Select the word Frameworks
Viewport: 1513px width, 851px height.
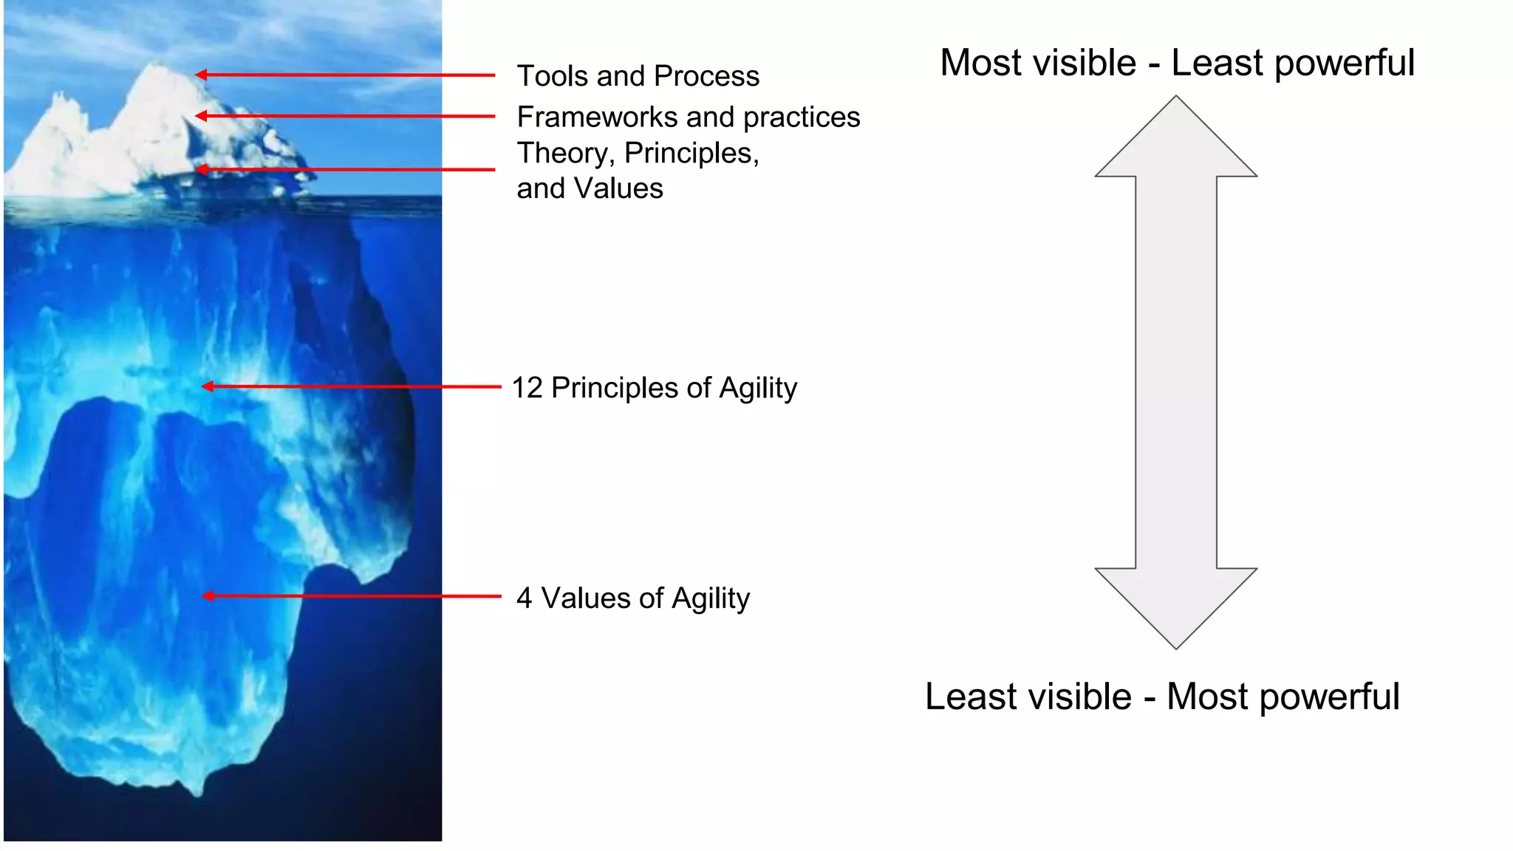[598, 117]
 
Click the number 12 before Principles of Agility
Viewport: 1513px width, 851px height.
[527, 388]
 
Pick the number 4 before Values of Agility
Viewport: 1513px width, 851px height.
[524, 598]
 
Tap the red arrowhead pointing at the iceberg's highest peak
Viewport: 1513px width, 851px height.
[201, 75]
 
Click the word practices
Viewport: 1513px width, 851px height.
[802, 117]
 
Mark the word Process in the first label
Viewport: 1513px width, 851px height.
[706, 76]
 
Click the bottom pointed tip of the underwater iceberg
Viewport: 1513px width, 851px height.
[198, 792]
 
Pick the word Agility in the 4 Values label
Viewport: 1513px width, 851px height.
[711, 598]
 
